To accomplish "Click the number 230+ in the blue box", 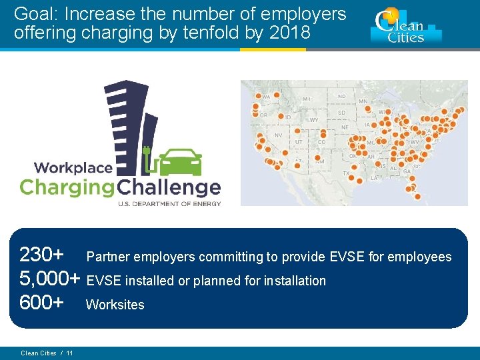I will coord(42,255).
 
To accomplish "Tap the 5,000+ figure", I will coord(50,279).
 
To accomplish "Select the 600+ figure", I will coord(42,303).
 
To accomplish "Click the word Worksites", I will coord(115,305).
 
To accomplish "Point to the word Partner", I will coord(109,257).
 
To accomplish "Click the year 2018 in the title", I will coord(289,33).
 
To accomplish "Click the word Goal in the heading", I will coord(33,14).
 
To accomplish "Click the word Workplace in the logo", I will coord(73,168).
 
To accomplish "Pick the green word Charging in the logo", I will coord(67,187).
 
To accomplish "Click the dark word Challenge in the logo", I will coord(169,187).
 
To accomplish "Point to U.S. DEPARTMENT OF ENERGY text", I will coord(169,203).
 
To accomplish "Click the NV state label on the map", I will coord(278,135).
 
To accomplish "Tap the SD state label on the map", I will coord(341,112).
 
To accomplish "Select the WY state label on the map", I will coord(313,120).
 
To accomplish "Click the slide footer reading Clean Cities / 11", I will coord(47,353).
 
